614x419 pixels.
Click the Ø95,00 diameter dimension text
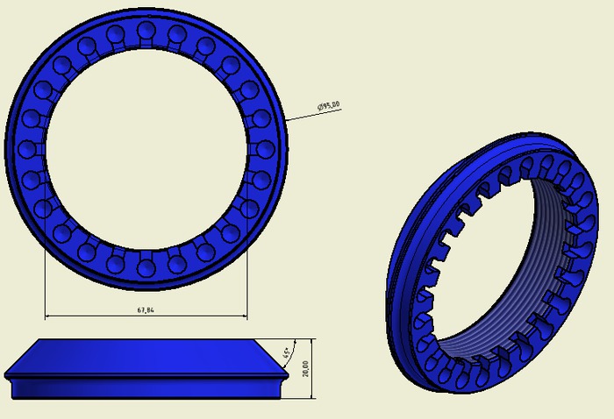pos(329,107)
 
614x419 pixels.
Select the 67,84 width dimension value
pos(146,309)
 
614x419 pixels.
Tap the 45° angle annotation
pos(286,354)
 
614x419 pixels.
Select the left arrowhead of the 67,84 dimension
pos(48,316)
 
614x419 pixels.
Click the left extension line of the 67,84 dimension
pos(45,281)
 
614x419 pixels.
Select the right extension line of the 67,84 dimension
pos(246,281)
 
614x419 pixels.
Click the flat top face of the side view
pos(145,339)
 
